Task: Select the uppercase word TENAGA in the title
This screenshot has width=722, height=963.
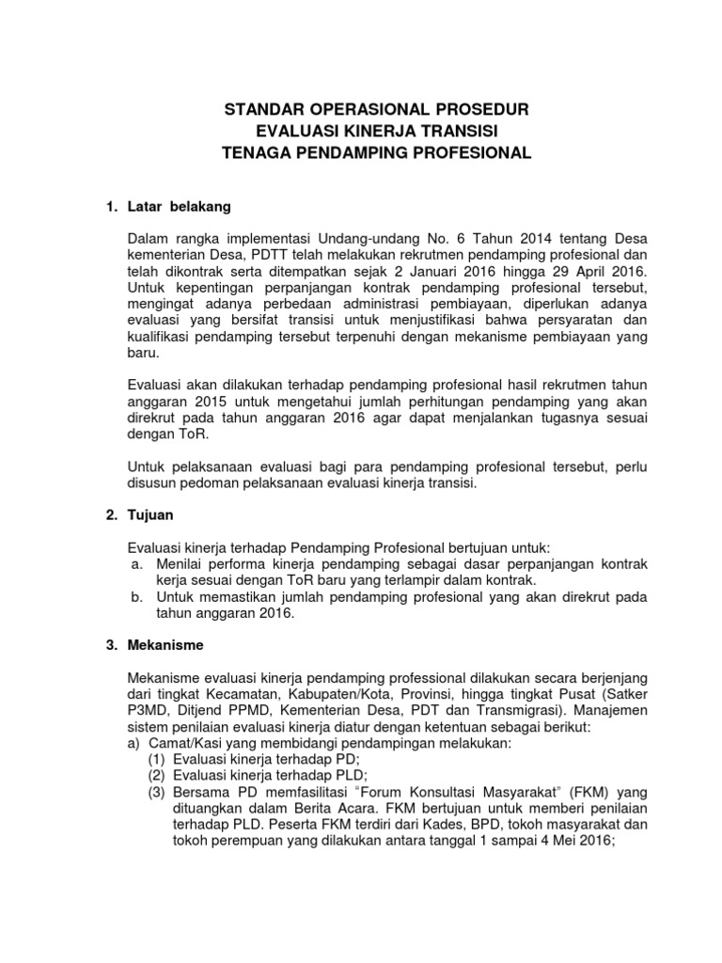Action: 259,151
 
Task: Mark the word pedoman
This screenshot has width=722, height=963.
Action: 214,483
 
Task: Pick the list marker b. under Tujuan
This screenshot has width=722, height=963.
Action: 137,597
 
